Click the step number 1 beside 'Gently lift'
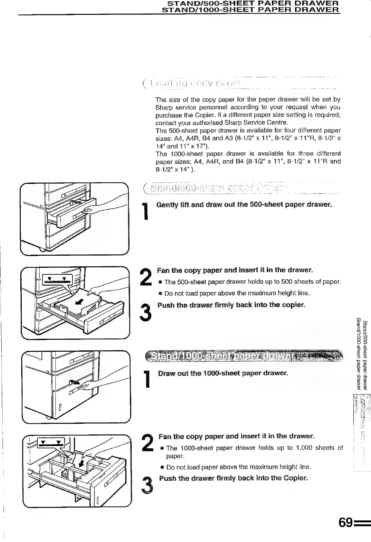pyautogui.click(x=147, y=212)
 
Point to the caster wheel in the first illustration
pyautogui.click(x=42, y=249)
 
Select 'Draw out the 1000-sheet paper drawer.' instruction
pyautogui.click(x=223, y=373)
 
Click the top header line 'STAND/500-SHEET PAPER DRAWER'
pyautogui.click(x=253, y=4)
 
